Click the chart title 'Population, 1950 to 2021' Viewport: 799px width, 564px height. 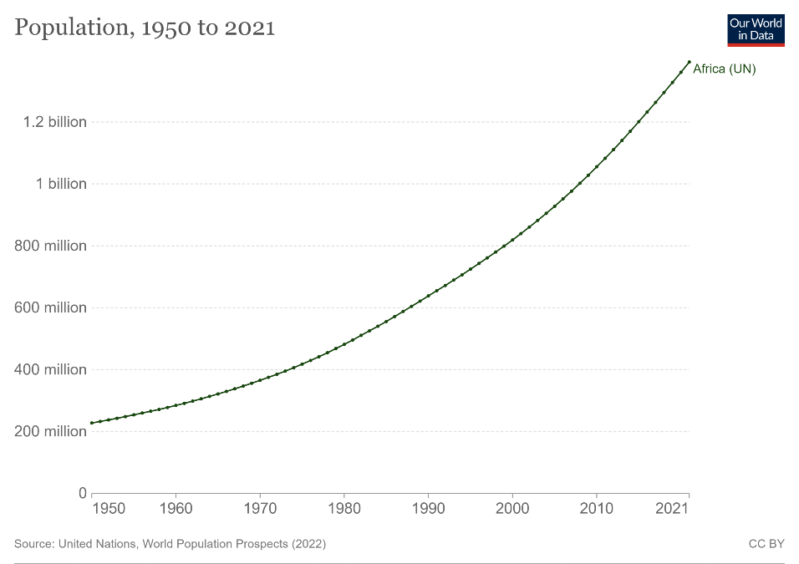[145, 28]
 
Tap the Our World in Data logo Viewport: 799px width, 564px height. [756, 29]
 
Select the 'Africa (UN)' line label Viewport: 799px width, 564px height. [724, 69]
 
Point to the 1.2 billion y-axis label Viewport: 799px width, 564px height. [55, 122]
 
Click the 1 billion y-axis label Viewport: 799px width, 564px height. [61, 184]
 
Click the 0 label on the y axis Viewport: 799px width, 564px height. [82, 493]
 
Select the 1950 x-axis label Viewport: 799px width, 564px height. [108, 508]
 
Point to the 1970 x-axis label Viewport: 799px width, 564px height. [260, 508]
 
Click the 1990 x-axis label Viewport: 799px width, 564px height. [428, 508]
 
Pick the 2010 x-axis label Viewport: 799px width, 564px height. [596, 508]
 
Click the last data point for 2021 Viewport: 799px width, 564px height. [689, 62]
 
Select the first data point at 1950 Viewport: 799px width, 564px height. [92, 423]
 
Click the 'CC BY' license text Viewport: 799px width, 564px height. [766, 544]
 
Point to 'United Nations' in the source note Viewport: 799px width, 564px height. [99, 544]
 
